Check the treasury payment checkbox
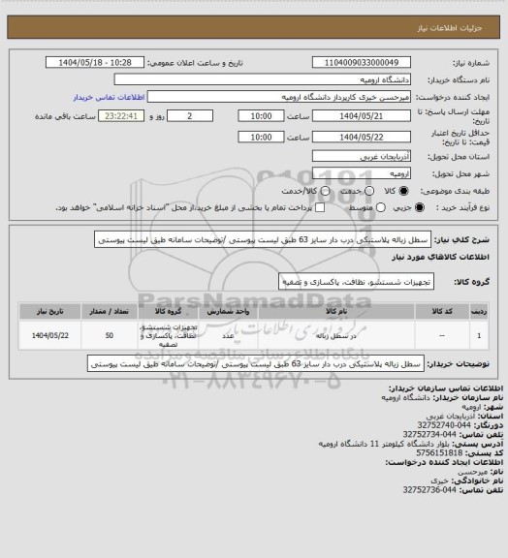point(320,207)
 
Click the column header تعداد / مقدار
point(112,312)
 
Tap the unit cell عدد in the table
point(226,335)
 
